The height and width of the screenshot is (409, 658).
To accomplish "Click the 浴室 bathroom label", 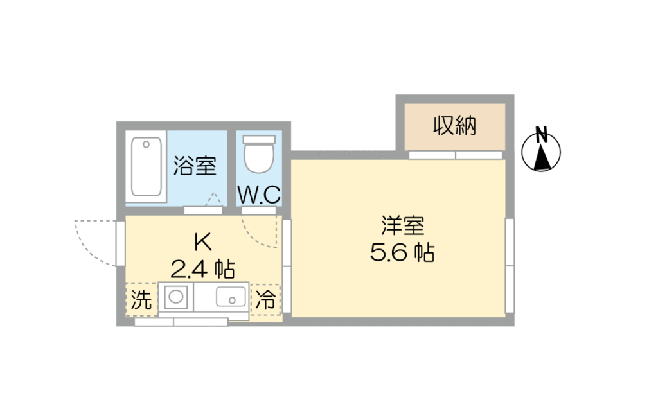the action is [x=195, y=166].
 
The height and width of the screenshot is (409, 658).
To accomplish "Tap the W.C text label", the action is [x=259, y=195].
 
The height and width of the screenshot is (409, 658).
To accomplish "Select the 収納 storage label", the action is [x=454, y=125].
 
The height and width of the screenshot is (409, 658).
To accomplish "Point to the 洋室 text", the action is [x=402, y=226].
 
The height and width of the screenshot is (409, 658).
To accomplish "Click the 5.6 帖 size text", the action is [x=402, y=252].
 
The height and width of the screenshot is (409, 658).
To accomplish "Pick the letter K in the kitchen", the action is [x=202, y=242].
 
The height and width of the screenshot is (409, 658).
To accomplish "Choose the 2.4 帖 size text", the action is [x=202, y=269].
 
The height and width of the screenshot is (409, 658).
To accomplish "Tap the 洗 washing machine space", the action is [x=141, y=299].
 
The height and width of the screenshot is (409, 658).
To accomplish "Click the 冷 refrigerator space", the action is [x=265, y=299].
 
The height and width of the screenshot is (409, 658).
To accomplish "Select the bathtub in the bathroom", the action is [x=146, y=166].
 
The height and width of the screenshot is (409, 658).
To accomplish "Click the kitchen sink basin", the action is [x=231, y=297].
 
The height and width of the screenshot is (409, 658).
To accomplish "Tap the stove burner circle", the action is [x=176, y=297].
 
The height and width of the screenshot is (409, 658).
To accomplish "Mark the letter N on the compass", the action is [x=542, y=135].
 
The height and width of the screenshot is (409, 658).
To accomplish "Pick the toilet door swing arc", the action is [x=257, y=235].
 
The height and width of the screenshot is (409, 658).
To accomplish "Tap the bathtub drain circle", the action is [x=146, y=144].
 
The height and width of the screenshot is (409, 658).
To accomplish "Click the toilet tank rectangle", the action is [x=260, y=139].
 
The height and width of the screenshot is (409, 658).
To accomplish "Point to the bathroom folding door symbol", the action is [x=213, y=199].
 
